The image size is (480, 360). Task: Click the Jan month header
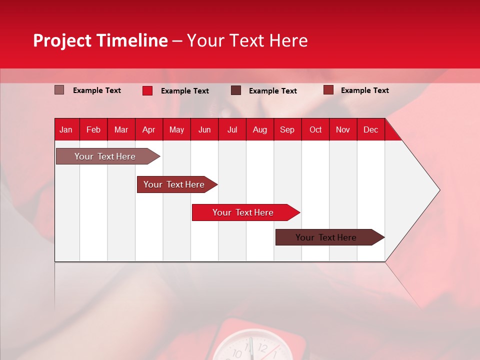pos(66,129)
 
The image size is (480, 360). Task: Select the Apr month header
pos(148,129)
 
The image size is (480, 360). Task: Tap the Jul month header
pos(232,129)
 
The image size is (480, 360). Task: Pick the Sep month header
pos(287,129)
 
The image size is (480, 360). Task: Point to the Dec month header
pos(370,129)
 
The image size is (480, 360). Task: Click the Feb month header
pos(93,129)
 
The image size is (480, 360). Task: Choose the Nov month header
pos(342,129)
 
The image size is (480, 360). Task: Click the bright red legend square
pos(147,90)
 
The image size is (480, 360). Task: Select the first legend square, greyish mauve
pos(59,90)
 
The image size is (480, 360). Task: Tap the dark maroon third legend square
pos(236,90)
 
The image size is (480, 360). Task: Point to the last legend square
pos(328,90)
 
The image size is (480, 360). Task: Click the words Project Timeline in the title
pos(100,40)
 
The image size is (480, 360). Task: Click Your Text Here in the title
pos(247,40)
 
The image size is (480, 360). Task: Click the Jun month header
pos(204,129)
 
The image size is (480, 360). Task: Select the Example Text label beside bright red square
pos(184,91)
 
